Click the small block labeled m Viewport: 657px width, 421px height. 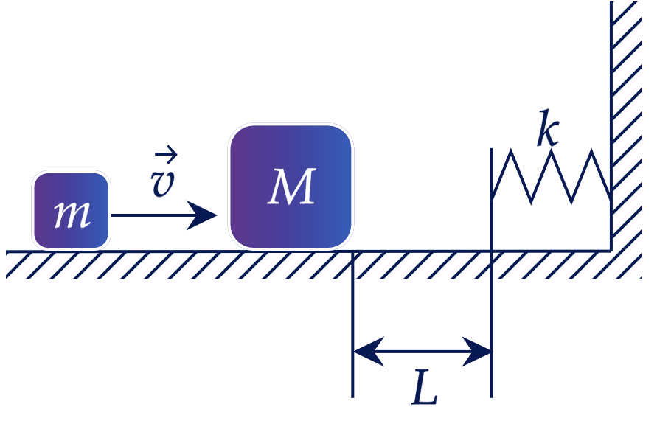point(72,211)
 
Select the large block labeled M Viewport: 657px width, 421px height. point(291,187)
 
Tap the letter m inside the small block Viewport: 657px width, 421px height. point(72,215)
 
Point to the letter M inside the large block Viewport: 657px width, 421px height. point(291,187)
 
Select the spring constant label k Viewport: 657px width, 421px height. point(548,128)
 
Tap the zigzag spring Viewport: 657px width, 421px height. point(551,176)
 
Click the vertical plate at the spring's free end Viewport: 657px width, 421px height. point(491,199)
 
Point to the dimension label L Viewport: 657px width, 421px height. point(424,387)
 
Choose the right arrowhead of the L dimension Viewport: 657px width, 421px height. point(476,351)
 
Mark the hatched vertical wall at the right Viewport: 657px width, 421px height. point(626,125)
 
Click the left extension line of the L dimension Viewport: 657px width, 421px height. point(352,324)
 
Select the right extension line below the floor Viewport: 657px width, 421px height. point(491,324)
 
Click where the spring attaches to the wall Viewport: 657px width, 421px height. point(611,198)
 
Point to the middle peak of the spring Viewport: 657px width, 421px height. point(552,151)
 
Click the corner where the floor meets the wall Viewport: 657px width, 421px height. point(611,251)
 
